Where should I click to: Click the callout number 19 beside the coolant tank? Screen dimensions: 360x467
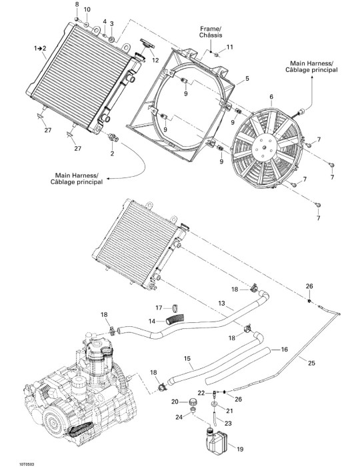click(239, 448)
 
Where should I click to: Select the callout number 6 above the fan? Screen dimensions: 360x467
click(271, 97)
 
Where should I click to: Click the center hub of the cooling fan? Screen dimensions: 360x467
click(265, 147)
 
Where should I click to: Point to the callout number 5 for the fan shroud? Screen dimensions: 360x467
click(247, 79)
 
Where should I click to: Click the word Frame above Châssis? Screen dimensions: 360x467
click(210, 29)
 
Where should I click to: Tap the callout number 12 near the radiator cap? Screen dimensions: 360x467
click(155, 60)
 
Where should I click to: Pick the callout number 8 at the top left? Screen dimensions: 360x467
click(77, 4)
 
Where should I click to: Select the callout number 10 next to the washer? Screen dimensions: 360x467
click(87, 9)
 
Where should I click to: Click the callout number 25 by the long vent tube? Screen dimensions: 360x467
click(311, 363)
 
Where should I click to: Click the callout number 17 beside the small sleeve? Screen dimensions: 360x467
click(159, 308)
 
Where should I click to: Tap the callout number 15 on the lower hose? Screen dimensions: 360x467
click(187, 358)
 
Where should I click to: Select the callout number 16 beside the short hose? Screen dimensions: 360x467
click(285, 349)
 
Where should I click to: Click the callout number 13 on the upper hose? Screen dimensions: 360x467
click(221, 303)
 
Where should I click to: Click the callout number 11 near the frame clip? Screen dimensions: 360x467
click(229, 47)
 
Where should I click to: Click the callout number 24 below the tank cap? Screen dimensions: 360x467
click(179, 417)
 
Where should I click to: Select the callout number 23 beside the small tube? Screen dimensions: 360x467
click(228, 423)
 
